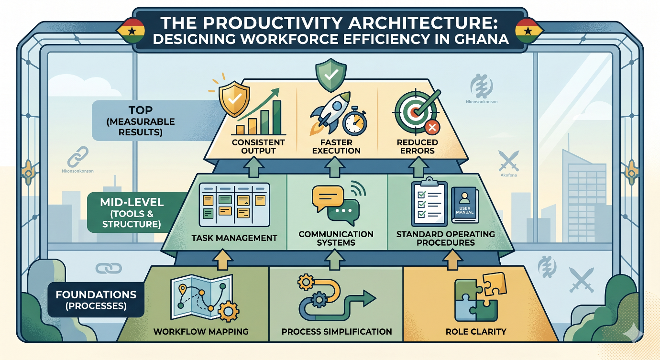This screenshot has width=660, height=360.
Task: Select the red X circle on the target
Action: pos(432,127)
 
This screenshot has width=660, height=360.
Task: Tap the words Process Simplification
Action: pos(337,331)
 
